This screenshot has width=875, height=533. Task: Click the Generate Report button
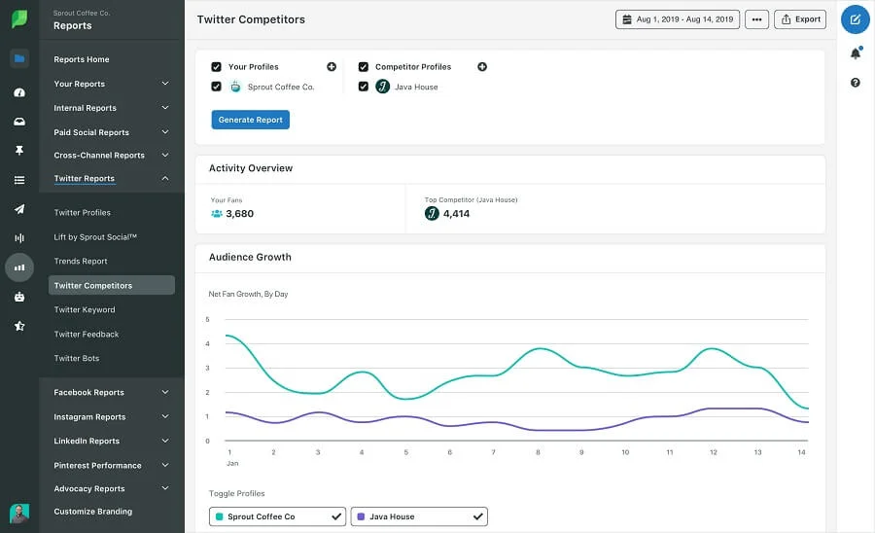click(x=250, y=120)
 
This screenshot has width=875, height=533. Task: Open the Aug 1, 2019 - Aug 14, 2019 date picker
click(x=678, y=19)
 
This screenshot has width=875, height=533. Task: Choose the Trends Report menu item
click(x=81, y=262)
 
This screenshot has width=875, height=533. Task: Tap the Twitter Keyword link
click(x=85, y=310)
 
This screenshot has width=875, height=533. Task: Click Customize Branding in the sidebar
click(x=93, y=512)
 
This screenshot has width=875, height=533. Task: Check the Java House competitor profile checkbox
click(x=364, y=87)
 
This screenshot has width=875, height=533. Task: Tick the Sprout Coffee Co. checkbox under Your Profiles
click(x=216, y=87)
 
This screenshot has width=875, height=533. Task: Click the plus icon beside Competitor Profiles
click(x=482, y=67)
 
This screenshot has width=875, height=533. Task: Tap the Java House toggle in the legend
click(x=419, y=516)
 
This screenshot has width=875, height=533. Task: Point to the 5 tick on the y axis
click(x=207, y=319)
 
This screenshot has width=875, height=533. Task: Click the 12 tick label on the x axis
click(x=714, y=452)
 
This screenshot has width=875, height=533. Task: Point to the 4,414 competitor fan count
click(x=456, y=214)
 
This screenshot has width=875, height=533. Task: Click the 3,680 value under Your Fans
click(x=239, y=214)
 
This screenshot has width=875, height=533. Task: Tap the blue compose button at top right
click(x=856, y=19)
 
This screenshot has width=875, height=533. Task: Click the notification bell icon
click(x=856, y=53)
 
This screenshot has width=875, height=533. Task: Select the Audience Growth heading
click(x=250, y=258)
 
